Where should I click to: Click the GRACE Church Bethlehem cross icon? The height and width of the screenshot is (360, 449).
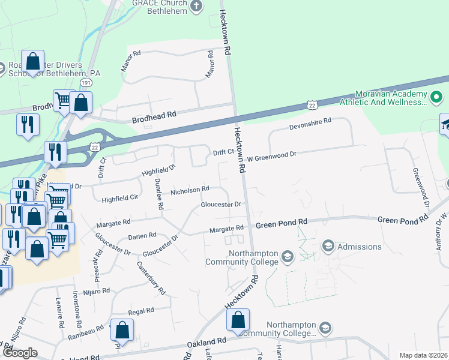(196, 6)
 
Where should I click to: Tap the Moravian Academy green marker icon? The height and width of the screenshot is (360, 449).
(436, 96)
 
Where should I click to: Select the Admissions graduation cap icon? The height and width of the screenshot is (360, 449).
(328, 246)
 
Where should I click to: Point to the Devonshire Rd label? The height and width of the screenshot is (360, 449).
(311, 121)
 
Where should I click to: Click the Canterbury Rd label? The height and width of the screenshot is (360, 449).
(151, 278)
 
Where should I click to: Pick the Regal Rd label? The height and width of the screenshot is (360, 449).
(141, 311)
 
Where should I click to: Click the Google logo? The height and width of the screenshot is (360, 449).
(20, 353)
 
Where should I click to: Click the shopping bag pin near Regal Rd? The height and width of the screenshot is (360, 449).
(122, 330)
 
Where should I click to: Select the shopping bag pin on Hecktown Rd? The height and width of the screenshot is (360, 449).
(238, 320)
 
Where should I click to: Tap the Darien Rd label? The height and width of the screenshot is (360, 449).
(142, 236)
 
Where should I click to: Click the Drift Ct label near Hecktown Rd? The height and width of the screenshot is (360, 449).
(223, 152)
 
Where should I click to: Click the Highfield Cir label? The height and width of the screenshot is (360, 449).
(120, 197)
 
